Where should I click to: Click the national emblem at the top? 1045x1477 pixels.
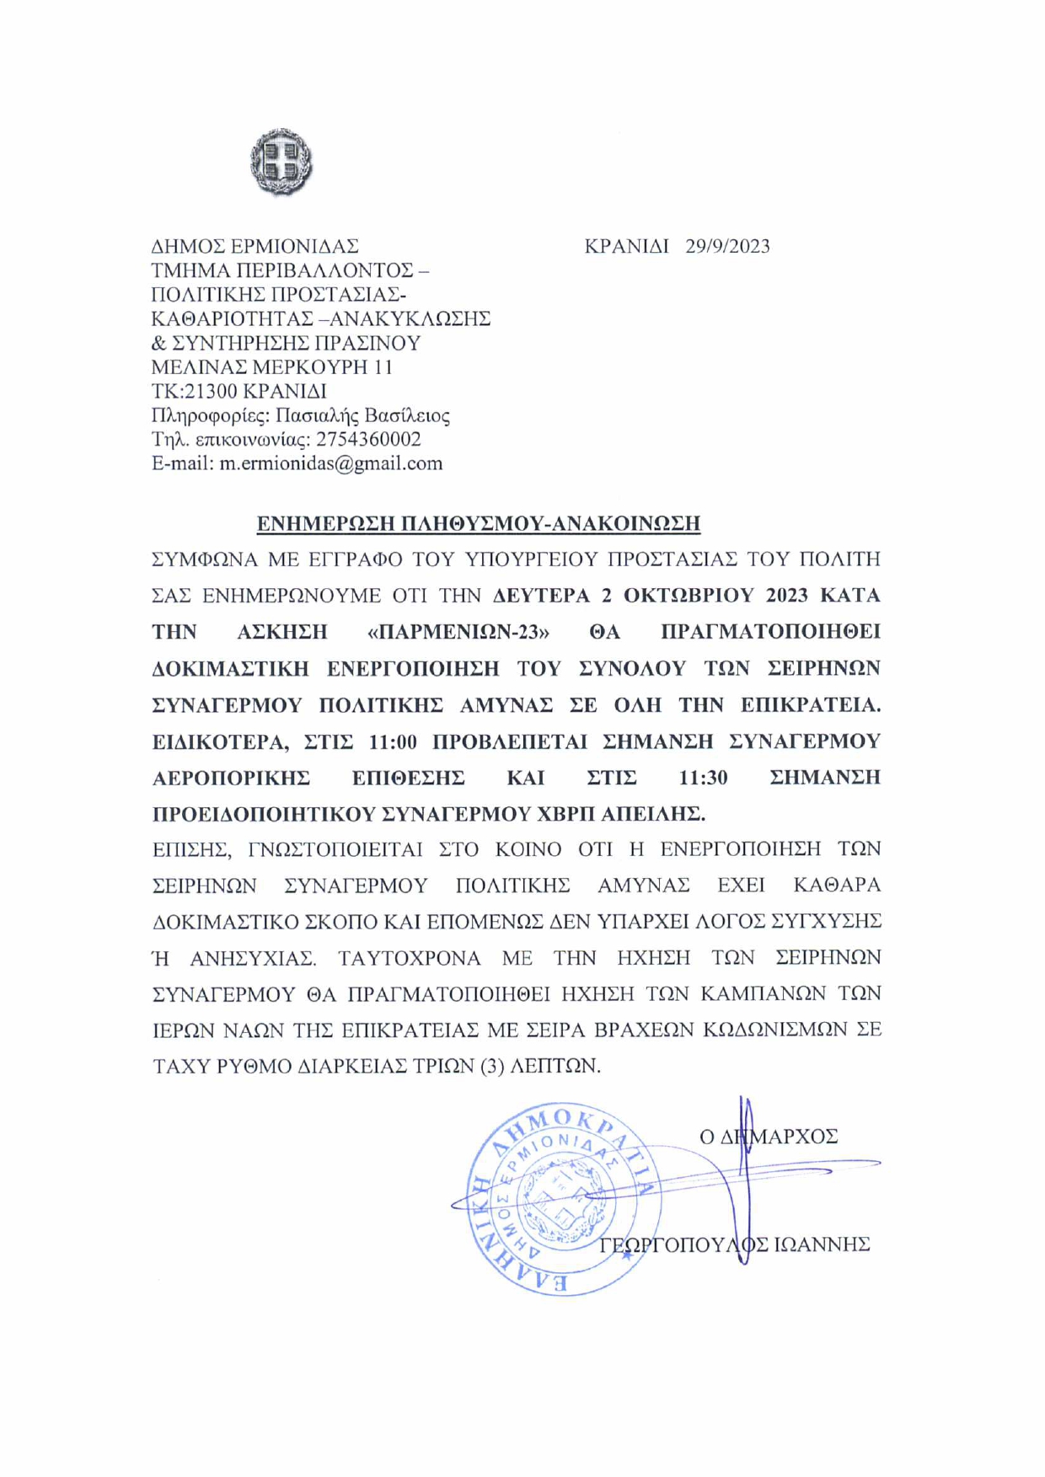(x=281, y=162)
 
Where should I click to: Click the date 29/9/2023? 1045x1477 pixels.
(x=727, y=246)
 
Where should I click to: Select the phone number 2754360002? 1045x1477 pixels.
(x=368, y=439)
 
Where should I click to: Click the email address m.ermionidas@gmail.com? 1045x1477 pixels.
(x=330, y=463)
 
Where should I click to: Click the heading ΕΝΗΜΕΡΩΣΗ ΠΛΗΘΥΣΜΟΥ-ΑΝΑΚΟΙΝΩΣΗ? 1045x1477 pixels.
(x=478, y=523)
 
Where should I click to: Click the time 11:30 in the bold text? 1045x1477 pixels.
(x=703, y=778)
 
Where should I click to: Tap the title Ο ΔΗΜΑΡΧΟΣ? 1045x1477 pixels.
(x=769, y=1137)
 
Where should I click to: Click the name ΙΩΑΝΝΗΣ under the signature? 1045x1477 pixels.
(x=821, y=1244)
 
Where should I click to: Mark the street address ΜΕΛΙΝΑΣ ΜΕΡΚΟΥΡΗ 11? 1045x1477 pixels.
(x=271, y=367)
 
